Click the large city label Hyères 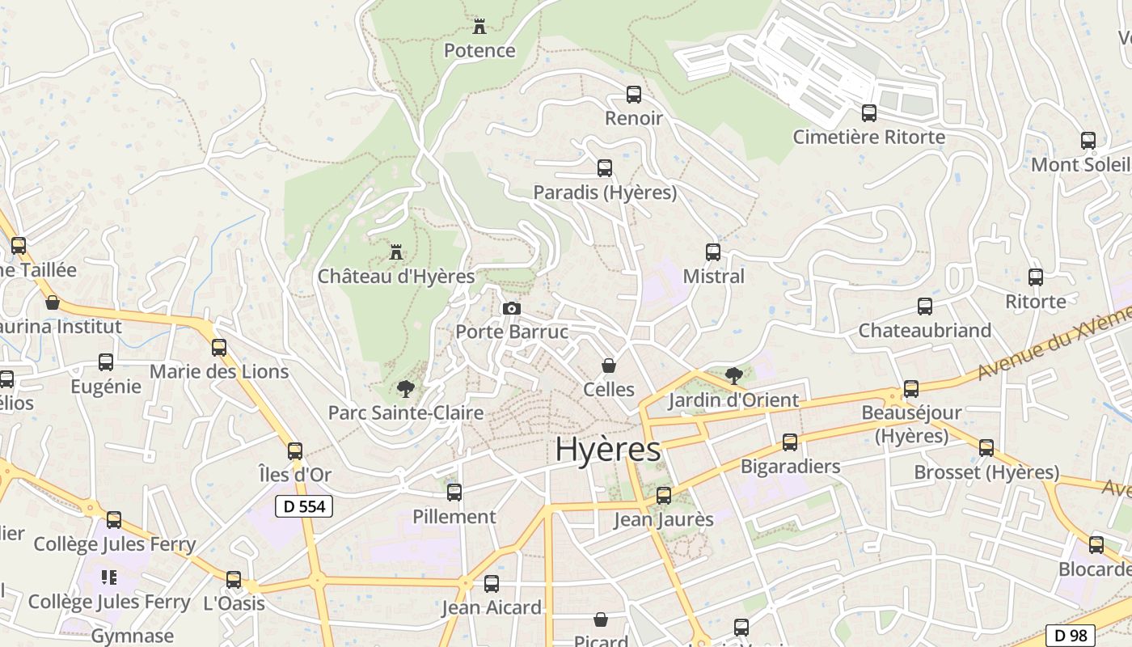pyautogui.click(x=608, y=450)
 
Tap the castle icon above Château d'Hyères pyautogui.click(x=396, y=252)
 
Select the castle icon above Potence pyautogui.click(x=479, y=27)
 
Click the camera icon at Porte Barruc pyautogui.click(x=511, y=308)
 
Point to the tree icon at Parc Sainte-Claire pyautogui.click(x=406, y=389)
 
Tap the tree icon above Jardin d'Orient pyautogui.click(x=734, y=375)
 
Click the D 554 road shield pyautogui.click(x=304, y=506)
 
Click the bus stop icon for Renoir pyautogui.click(x=634, y=95)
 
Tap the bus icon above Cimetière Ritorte pyautogui.click(x=869, y=113)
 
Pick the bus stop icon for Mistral pyautogui.click(x=713, y=252)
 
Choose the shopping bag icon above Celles pyautogui.click(x=609, y=366)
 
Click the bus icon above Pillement pyautogui.click(x=454, y=492)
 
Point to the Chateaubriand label pyautogui.click(x=924, y=330)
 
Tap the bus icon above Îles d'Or pyautogui.click(x=295, y=450)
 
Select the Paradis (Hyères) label pyautogui.click(x=605, y=192)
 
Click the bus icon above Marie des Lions pyautogui.click(x=219, y=348)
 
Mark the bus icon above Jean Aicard pyautogui.click(x=492, y=584)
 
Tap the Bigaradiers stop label pyautogui.click(x=790, y=466)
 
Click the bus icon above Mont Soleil pyautogui.click(x=1088, y=141)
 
